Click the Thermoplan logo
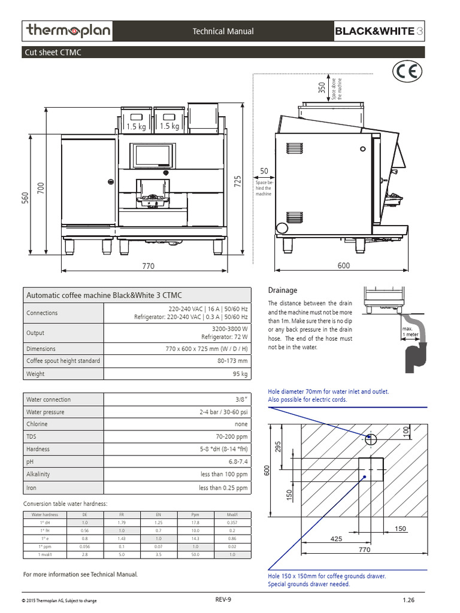point(67,31)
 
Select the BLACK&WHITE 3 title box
point(379,31)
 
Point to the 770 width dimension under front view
point(149,266)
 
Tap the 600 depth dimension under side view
point(343,266)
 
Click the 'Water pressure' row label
point(46,412)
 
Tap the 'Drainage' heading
point(282,290)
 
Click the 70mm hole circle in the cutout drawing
point(371,440)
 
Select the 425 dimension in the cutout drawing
point(336,539)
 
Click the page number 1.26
point(409,600)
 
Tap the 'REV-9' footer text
point(223,599)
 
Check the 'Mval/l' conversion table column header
point(232,514)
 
